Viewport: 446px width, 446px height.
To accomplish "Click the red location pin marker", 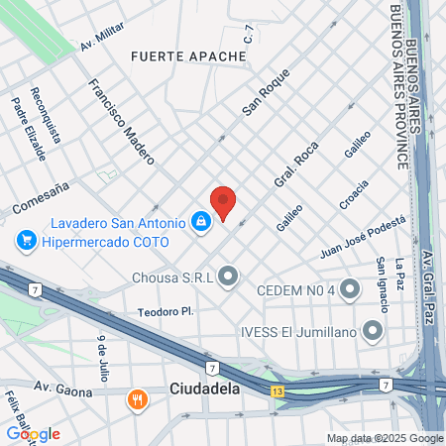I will (223, 202).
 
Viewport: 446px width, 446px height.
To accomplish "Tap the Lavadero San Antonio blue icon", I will (201, 221).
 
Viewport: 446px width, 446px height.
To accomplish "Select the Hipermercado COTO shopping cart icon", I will (27, 241).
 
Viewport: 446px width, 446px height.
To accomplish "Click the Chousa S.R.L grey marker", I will (229, 276).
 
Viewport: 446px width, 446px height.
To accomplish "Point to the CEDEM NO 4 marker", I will (350, 289).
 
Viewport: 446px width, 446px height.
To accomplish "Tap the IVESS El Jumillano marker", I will (373, 330).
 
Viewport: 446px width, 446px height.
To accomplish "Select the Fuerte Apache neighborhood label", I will (187, 56).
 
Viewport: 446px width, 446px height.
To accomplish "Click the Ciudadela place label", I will (205, 390).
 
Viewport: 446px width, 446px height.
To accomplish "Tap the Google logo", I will (34, 433).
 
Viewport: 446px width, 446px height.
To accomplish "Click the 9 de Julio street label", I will (102, 358).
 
